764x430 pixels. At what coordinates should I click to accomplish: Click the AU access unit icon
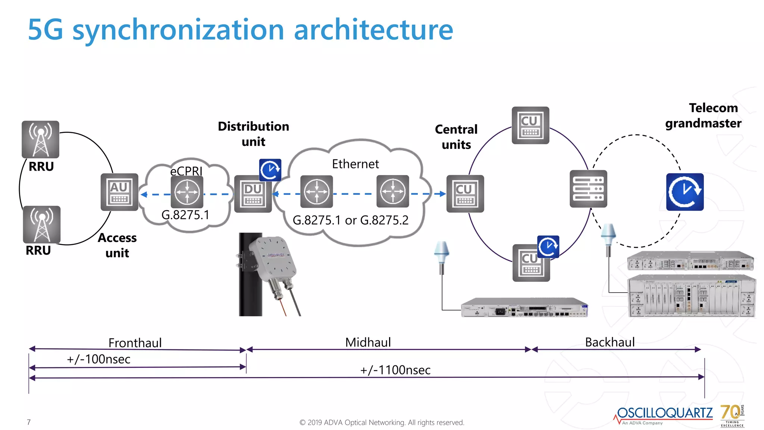click(x=119, y=192)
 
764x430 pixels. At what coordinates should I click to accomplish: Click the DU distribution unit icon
click(x=253, y=194)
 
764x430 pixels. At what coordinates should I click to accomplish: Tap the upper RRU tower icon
click(x=40, y=139)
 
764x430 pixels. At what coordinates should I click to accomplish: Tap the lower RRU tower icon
click(x=41, y=224)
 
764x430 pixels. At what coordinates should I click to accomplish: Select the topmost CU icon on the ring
click(x=530, y=125)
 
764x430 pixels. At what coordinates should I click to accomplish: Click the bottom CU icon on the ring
click(x=530, y=263)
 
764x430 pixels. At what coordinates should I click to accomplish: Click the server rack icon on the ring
click(x=588, y=189)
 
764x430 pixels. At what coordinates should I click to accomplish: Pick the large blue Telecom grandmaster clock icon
click(x=685, y=192)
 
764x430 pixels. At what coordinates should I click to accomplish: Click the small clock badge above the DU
click(x=270, y=170)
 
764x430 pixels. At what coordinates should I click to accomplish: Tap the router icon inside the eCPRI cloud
click(x=187, y=192)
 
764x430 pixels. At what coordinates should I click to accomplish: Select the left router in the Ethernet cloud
click(x=316, y=191)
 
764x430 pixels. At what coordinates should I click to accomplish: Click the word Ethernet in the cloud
click(x=355, y=164)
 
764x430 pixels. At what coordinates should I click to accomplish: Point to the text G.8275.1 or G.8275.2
click(x=350, y=220)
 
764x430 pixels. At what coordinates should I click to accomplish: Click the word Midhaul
click(x=368, y=342)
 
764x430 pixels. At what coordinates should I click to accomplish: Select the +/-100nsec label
click(x=98, y=359)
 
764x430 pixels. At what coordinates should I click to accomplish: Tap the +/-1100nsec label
click(x=395, y=370)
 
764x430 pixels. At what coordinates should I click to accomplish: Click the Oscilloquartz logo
click(x=664, y=414)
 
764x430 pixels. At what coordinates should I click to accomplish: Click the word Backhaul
click(x=610, y=342)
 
